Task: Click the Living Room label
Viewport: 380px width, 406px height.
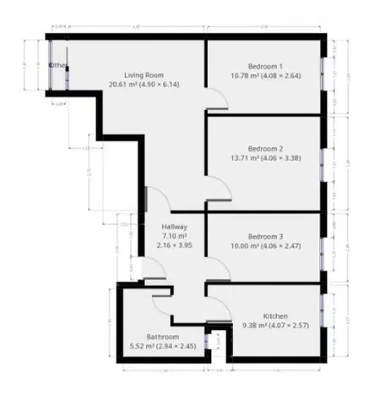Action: (142, 74)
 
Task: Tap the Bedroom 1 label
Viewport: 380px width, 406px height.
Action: (265, 66)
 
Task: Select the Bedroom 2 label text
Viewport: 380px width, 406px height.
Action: (265, 149)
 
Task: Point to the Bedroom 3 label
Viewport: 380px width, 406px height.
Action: (265, 236)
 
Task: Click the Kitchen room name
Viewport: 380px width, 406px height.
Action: (276, 314)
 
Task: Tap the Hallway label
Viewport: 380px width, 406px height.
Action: (175, 228)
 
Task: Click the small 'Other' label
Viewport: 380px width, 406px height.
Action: (57, 65)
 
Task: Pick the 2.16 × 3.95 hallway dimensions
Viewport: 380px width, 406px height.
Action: (175, 246)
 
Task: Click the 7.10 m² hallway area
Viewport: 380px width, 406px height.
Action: (175, 237)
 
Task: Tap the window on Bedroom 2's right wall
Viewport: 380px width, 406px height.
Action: (323, 164)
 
